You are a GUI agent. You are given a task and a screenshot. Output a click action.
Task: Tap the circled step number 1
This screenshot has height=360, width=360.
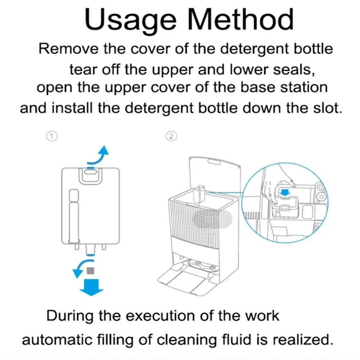[53, 136]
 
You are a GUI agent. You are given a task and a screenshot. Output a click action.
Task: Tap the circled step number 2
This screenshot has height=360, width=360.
[172, 136]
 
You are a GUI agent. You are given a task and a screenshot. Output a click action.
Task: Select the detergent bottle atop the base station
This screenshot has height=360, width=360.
[199, 193]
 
